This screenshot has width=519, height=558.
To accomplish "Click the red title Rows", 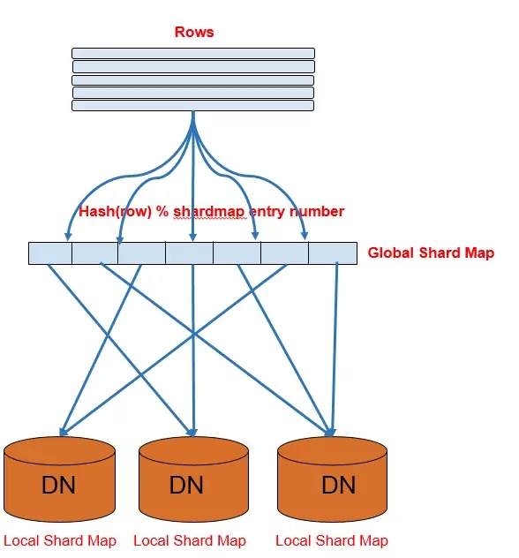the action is point(194,32).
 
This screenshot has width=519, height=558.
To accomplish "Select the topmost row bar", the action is point(193,53).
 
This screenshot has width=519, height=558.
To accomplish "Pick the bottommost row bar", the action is point(192,106).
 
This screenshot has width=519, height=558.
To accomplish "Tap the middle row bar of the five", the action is point(192,79).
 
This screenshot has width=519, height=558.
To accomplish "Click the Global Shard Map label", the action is point(431,253).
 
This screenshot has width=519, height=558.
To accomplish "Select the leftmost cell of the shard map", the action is point(50,253).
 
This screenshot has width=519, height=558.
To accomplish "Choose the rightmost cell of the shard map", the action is point(333,253).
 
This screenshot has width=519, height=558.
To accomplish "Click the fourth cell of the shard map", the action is point(189,253).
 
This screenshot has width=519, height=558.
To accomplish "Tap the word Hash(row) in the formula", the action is point(116,212).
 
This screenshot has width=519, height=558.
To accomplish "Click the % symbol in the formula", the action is point(162,211).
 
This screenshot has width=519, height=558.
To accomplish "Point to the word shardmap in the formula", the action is point(209,212).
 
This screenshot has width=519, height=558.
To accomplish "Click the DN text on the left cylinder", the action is point(58,485).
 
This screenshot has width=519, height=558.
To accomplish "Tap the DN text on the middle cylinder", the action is point(186,485).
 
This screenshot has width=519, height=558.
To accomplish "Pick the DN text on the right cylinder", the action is point(339,485).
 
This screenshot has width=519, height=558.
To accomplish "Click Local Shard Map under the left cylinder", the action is point(60,540).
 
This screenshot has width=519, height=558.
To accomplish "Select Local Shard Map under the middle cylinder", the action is point(190,540).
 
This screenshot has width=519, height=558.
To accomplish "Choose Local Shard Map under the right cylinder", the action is point(332,540).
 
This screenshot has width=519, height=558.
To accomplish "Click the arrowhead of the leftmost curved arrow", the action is point(68,237).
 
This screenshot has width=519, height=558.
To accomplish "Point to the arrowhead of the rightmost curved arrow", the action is point(305,236).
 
